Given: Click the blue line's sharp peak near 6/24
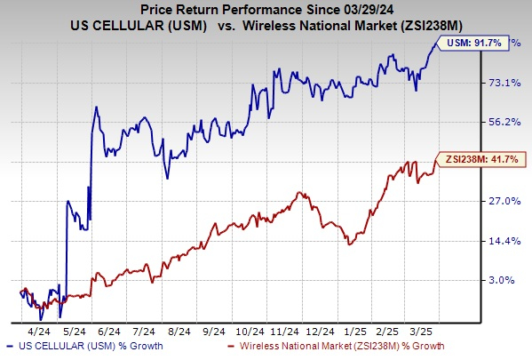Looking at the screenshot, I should (95, 107).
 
